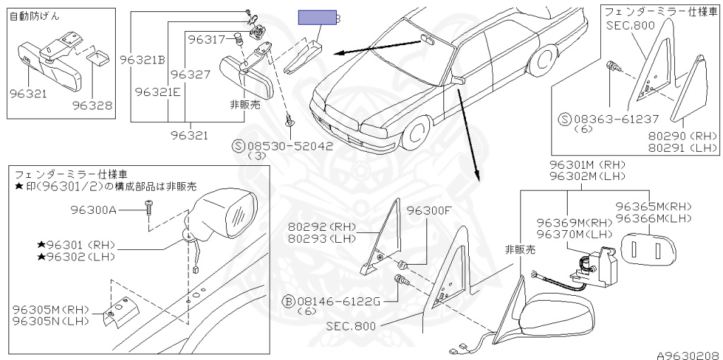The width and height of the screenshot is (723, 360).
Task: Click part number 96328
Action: pyautogui.click(x=92, y=106)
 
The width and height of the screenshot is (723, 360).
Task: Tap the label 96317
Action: pyautogui.click(x=206, y=40)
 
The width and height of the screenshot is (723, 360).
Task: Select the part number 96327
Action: pyautogui.click(x=190, y=74)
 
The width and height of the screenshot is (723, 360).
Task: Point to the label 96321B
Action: pyautogui.click(x=142, y=59)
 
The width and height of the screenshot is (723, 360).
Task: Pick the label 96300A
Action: pyautogui.click(x=93, y=209)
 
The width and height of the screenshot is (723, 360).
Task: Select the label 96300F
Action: pyautogui.click(x=428, y=210)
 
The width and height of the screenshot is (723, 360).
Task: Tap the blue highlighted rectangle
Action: pyautogui.click(x=316, y=18)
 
